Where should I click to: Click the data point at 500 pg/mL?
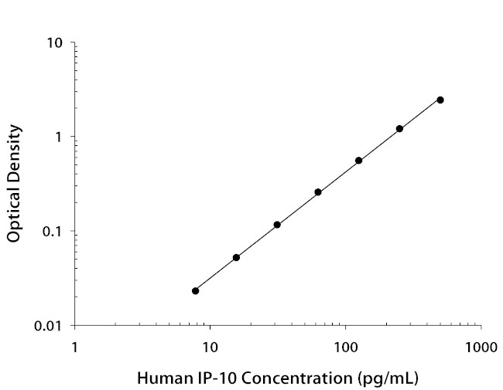[440, 100]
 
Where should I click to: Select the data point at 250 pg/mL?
[399, 129]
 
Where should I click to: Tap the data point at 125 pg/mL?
[359, 161]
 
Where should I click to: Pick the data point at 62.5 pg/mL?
[318, 192]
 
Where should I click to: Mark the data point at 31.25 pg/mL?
[277, 225]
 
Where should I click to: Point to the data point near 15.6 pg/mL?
[236, 257]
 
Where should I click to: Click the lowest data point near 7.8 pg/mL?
[195, 291]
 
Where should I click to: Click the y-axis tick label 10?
[54, 42]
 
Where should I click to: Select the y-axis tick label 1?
[59, 137]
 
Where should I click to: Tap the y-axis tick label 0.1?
[52, 232]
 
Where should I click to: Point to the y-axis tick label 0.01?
[49, 326]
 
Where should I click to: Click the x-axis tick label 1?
[74, 347]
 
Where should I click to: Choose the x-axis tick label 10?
[209, 347]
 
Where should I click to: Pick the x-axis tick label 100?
[345, 347]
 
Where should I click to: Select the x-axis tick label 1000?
[481, 347]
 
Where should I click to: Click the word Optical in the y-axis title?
[14, 212]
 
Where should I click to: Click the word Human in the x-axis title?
[159, 379]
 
